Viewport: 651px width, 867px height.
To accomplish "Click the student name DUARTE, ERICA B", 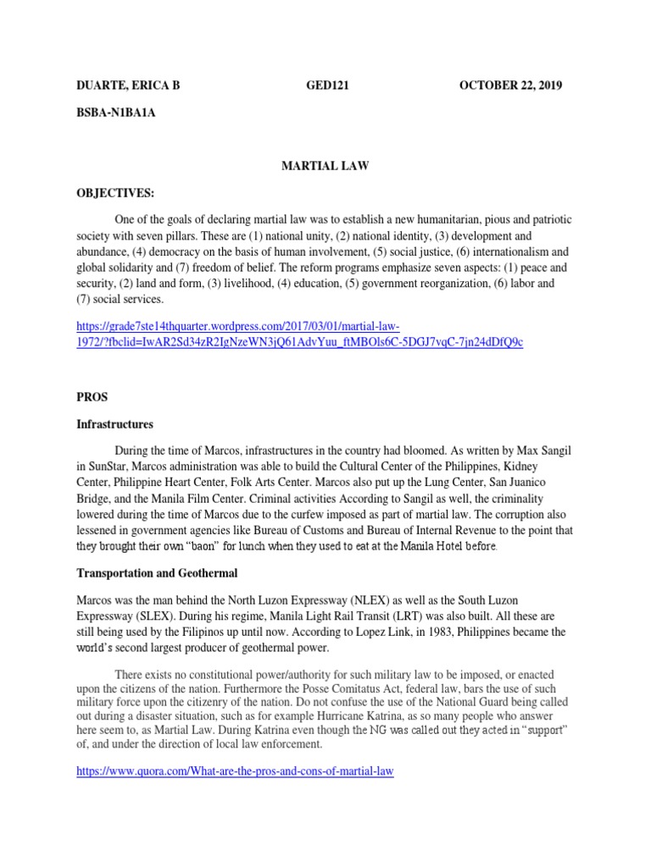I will [x=128, y=86].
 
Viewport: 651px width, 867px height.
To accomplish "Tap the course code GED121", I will [x=327, y=86].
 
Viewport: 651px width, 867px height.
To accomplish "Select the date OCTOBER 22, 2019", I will [x=510, y=86].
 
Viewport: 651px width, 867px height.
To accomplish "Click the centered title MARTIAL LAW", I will [x=325, y=167].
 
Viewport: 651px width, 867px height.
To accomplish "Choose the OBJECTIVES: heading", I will [x=112, y=194].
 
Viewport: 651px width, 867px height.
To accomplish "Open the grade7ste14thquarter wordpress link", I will [x=299, y=334].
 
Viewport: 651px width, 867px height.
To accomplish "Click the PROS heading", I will [x=91, y=395].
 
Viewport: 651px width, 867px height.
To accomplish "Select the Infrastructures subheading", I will [x=114, y=424].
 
